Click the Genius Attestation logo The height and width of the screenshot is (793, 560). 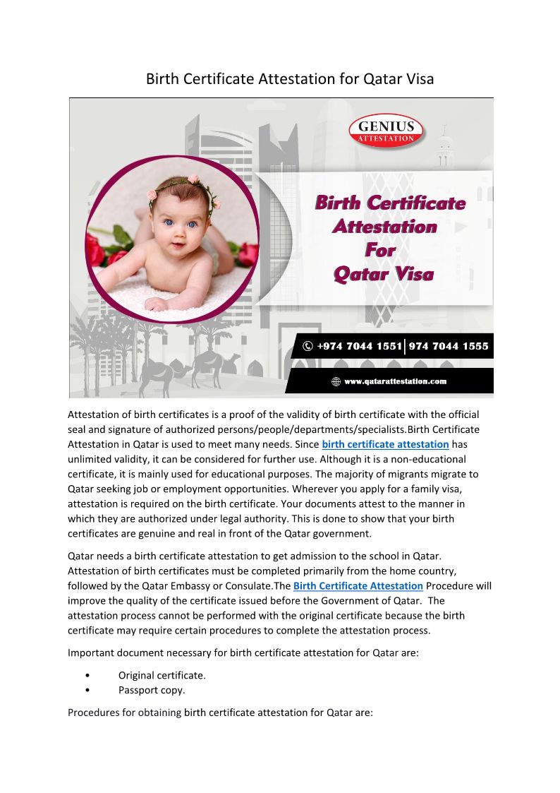386,132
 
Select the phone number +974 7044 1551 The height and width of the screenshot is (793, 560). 358,346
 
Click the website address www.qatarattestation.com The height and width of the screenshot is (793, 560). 395,382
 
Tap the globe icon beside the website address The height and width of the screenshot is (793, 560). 336,382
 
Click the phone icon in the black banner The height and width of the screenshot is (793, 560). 308,346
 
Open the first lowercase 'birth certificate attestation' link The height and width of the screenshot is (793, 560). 385,444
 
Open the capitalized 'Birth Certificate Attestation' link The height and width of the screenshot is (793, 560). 358,586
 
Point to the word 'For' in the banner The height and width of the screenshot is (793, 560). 380,250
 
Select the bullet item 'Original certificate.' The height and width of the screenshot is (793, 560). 162,675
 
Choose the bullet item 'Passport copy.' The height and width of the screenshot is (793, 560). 152,690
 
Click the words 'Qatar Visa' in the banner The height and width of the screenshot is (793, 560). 383,274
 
